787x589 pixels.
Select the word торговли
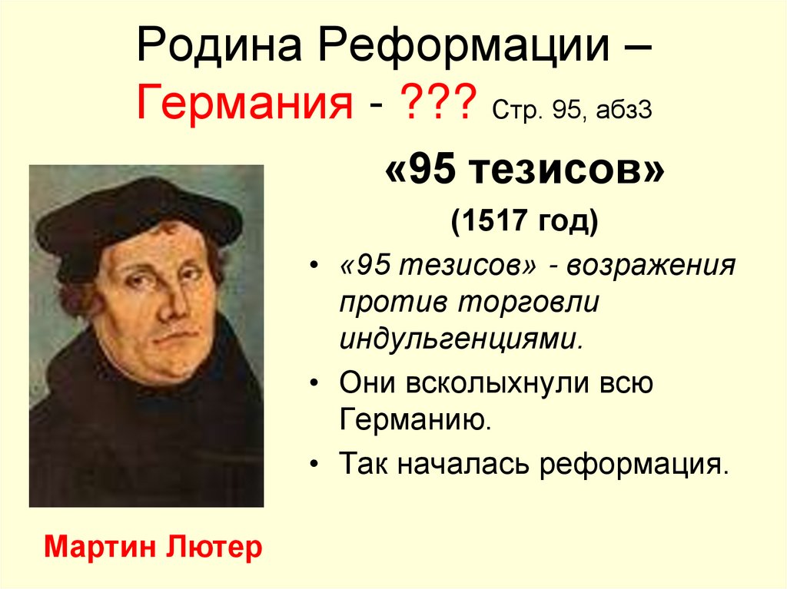pos(530,302)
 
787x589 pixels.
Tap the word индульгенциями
pos(460,338)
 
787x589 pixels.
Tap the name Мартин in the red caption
pos(100,547)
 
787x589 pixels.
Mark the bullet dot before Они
pos(317,382)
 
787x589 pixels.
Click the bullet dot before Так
pos(317,464)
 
